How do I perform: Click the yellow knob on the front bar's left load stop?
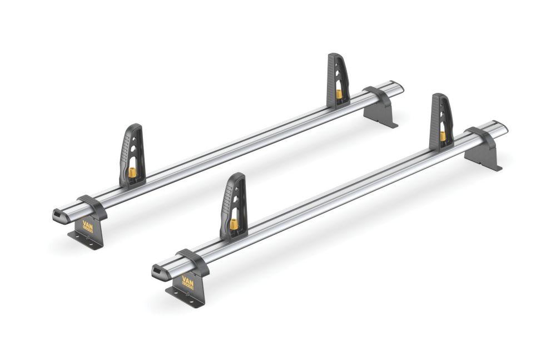tap(234, 224)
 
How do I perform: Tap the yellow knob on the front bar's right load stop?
tap(443, 136)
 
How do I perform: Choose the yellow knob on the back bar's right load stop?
tap(339, 93)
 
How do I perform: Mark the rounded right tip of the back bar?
tap(399, 88)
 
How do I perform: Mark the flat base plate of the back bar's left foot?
tap(83, 240)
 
